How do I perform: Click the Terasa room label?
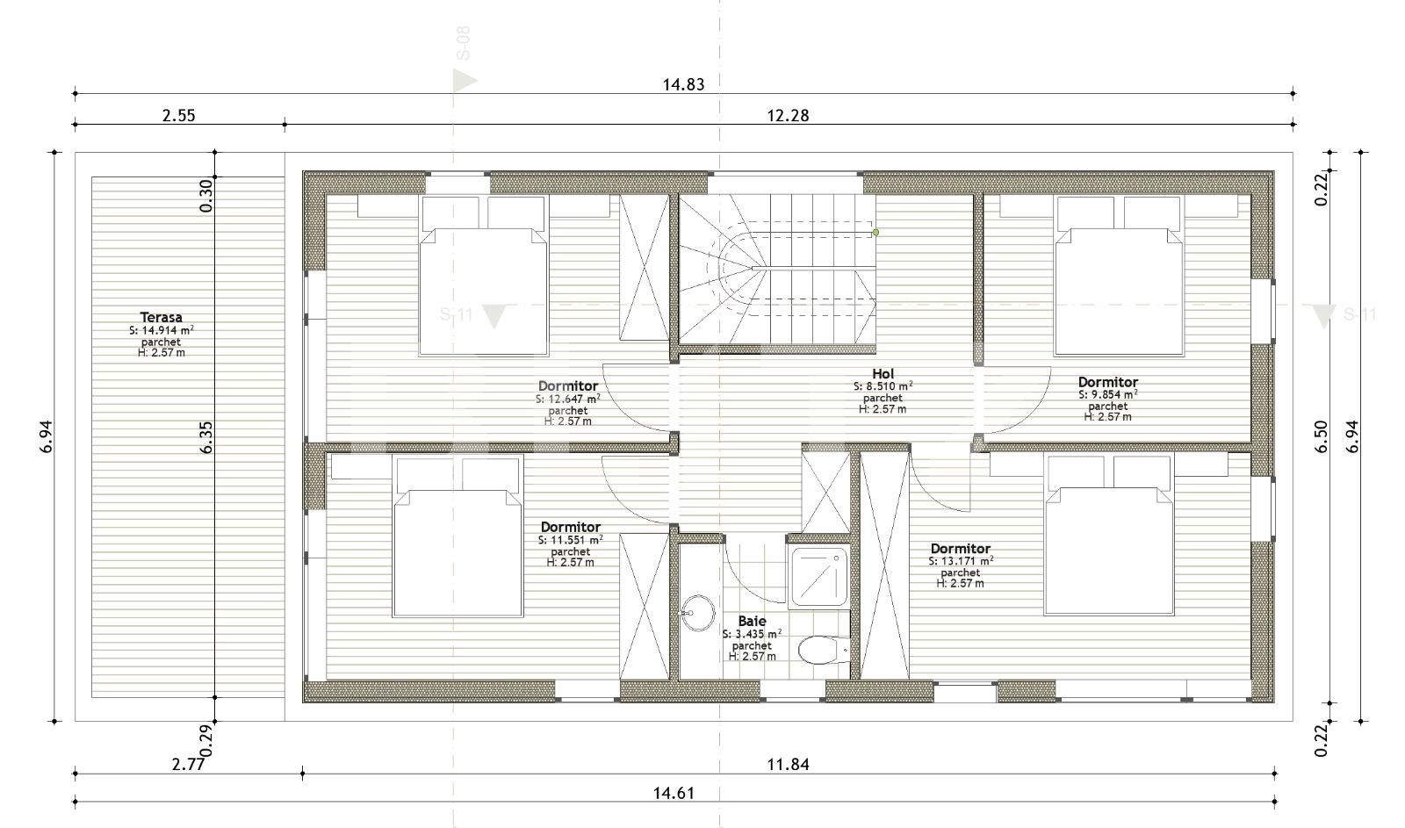[x=161, y=318]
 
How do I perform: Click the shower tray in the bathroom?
[x=819, y=577]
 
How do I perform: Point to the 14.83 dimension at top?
[x=682, y=84]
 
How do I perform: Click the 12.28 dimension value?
[x=788, y=115]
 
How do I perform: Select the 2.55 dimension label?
[x=178, y=115]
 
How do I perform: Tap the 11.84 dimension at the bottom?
[x=788, y=764]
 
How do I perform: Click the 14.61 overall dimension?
[x=674, y=793]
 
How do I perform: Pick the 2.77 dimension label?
[x=188, y=764]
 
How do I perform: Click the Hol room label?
[x=883, y=374]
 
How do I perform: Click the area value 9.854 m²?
[x=1108, y=395]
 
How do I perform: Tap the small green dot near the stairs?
[x=875, y=233]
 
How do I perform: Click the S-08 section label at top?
[x=463, y=43]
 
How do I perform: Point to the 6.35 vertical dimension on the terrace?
[x=205, y=436]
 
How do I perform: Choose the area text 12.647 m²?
[x=568, y=399]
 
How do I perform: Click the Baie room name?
[x=752, y=622]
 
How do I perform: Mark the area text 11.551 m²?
[x=570, y=540]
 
